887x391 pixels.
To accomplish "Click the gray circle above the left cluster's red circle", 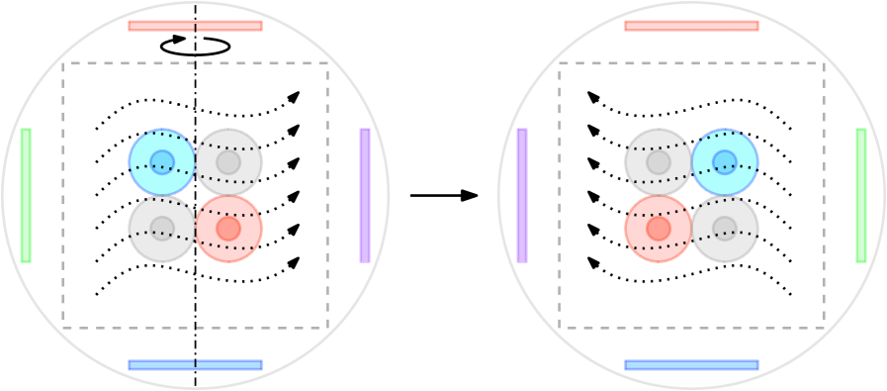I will click(x=228, y=162).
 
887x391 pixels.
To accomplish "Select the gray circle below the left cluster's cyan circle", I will click(x=162, y=229).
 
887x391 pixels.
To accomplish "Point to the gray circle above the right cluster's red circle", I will click(x=658, y=162).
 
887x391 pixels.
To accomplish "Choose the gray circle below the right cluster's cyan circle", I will click(x=725, y=229).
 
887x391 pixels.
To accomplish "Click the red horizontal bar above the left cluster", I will click(x=196, y=26).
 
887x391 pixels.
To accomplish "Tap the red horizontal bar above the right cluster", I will click(x=691, y=26).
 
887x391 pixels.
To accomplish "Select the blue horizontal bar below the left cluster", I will click(x=196, y=365).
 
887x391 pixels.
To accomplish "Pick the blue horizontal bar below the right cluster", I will click(x=691, y=365).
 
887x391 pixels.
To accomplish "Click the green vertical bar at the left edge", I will click(x=26, y=195).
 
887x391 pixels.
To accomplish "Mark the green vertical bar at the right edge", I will click(x=861, y=195).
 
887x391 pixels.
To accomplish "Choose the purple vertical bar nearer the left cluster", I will click(x=365, y=195).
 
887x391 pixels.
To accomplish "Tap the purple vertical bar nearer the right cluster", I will click(x=522, y=195).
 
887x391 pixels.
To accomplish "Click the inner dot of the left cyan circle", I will click(x=162, y=162).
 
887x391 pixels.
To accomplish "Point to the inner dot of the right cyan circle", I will click(x=725, y=162).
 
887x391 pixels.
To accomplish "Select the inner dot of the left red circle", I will click(x=228, y=229).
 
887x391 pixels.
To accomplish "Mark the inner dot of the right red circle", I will click(x=659, y=229).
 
